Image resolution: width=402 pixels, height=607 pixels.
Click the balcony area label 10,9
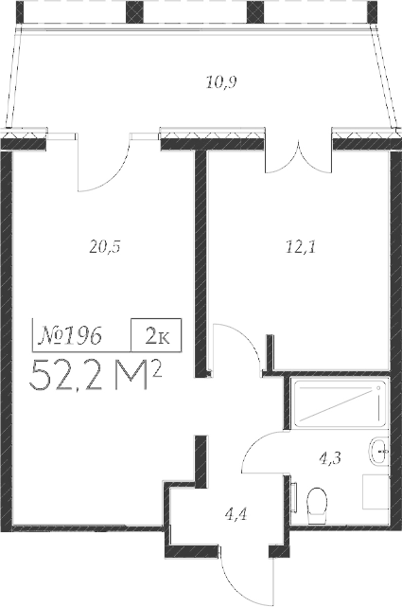220,82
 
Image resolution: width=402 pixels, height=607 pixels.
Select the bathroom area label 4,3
330,458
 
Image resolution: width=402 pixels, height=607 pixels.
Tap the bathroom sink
378,452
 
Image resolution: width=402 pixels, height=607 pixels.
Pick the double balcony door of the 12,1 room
297,157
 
